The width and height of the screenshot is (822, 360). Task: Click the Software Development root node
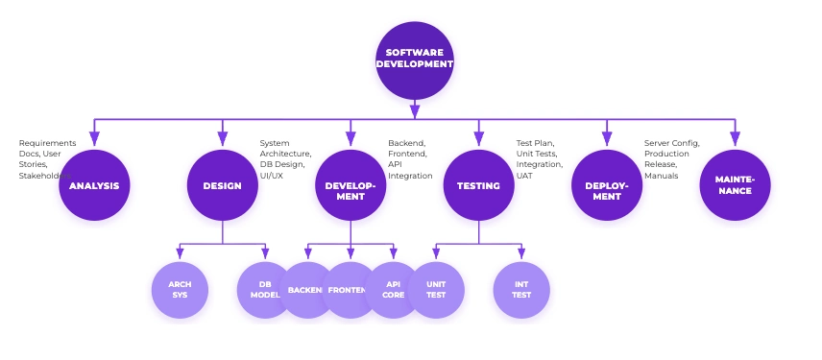coord(414,60)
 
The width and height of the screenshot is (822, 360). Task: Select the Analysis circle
coord(94,185)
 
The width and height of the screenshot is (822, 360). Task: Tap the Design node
coord(222,185)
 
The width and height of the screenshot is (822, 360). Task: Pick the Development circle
coord(350,185)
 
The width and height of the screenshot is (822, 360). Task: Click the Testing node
coord(478,185)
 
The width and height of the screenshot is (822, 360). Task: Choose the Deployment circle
coord(606,185)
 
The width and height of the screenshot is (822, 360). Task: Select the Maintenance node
coord(735,185)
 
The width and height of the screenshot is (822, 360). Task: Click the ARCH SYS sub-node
coord(180,290)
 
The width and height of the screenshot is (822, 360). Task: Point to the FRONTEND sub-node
coord(350,290)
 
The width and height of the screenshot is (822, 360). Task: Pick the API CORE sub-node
coord(393,290)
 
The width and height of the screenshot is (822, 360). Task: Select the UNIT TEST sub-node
coord(436,290)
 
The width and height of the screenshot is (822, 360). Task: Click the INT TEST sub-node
coord(521,290)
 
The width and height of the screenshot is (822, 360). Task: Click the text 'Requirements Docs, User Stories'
coord(46,154)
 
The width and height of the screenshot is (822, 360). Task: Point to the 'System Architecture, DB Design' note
coord(285,154)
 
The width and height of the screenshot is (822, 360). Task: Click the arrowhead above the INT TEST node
coord(521,254)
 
